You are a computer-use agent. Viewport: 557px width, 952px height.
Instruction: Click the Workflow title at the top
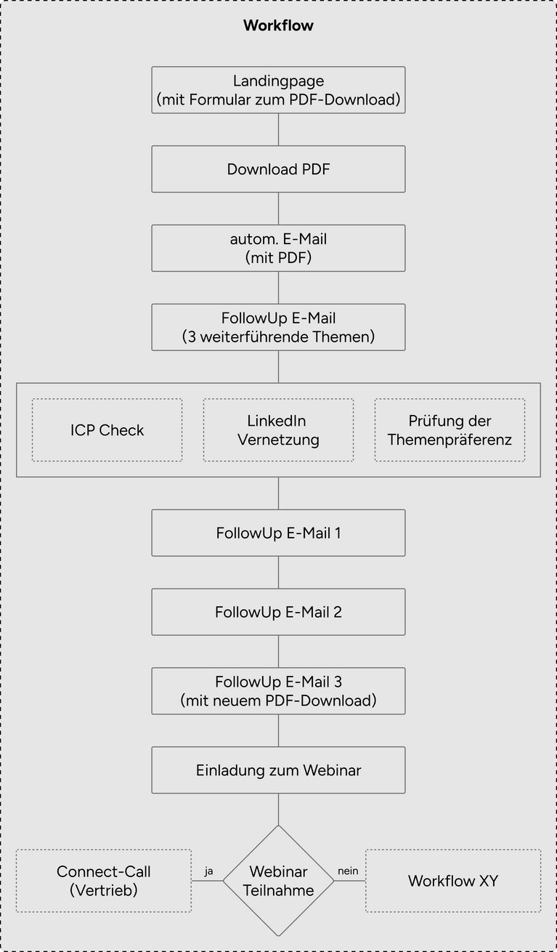tap(279, 25)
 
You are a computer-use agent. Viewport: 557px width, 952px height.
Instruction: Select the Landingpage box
tap(279, 89)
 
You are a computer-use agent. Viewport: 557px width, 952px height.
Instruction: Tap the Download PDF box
tap(279, 169)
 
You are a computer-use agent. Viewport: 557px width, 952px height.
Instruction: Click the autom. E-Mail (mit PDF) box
tap(279, 249)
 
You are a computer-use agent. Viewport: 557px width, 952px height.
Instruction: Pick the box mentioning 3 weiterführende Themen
tap(279, 327)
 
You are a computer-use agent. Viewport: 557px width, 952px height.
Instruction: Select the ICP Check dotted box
tap(107, 430)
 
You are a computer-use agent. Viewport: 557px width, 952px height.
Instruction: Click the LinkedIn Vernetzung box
tap(279, 430)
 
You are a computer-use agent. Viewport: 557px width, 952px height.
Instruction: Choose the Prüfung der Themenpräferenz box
tap(450, 430)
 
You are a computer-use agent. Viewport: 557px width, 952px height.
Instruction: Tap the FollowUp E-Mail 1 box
tap(279, 533)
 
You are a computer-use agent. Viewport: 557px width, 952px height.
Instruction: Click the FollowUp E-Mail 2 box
tap(279, 612)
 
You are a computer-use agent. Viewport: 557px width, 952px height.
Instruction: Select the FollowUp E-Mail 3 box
tap(279, 691)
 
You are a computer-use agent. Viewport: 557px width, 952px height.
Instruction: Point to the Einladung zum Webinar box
tap(279, 770)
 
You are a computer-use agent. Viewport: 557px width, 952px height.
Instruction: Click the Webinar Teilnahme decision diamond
tap(279, 881)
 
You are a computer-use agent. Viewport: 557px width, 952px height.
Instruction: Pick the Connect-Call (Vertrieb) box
tap(104, 881)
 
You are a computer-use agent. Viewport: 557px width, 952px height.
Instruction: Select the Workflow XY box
tap(453, 881)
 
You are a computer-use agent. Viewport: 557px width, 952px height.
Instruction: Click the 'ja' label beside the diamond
tap(208, 871)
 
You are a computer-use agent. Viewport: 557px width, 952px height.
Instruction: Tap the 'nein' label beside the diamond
tap(348, 871)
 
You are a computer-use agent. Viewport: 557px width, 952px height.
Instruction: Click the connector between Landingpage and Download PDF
tap(279, 129)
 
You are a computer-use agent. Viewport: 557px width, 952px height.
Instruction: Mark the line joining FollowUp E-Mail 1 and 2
tap(279, 573)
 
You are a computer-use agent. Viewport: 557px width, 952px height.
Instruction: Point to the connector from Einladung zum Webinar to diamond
tap(279, 810)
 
